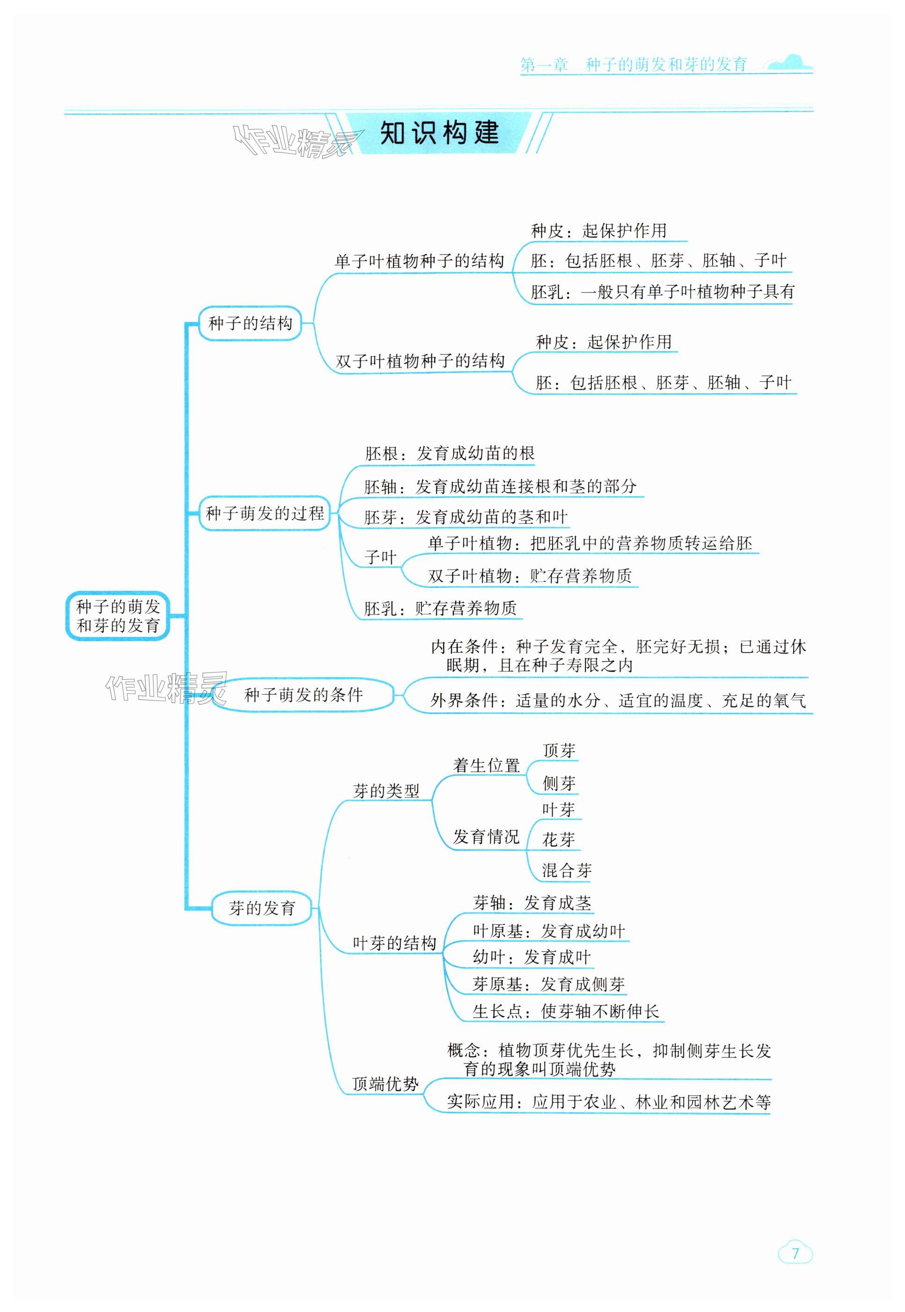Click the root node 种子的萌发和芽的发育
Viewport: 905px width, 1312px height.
click(118, 616)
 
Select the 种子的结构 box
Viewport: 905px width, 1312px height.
click(250, 323)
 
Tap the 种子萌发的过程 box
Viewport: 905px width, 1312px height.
click(264, 513)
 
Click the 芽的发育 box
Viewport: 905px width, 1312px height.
click(262, 908)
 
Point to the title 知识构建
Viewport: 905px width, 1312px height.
click(439, 133)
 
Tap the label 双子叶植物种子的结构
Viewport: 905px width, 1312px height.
click(420, 361)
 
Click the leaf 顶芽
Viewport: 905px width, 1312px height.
click(559, 750)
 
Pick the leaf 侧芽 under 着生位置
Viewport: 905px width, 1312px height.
click(559, 784)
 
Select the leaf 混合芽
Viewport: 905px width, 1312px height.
click(567, 870)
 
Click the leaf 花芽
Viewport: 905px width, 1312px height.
click(559, 840)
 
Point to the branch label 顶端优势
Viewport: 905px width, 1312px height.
click(385, 1084)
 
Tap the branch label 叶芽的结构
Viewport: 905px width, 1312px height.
click(394, 943)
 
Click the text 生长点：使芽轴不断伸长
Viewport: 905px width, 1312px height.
click(566, 1011)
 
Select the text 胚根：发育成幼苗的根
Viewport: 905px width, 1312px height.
click(449, 453)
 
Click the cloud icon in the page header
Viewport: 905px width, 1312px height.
click(790, 63)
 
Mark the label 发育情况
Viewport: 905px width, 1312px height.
click(486, 836)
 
